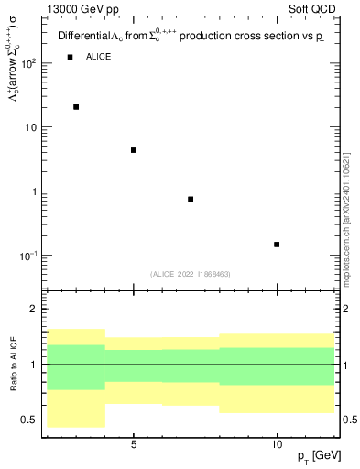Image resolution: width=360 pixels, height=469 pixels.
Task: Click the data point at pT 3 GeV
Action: [x=76, y=107]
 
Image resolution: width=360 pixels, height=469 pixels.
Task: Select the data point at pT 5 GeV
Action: [x=134, y=150]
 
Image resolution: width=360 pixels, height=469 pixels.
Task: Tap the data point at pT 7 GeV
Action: [x=191, y=199]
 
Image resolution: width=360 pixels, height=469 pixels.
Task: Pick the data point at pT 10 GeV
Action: [x=277, y=245]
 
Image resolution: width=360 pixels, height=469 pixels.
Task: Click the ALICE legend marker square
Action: [x=70, y=57]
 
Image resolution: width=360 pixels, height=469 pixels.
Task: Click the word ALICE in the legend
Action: [x=99, y=57]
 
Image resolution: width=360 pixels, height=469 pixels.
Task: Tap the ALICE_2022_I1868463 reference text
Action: [x=191, y=274]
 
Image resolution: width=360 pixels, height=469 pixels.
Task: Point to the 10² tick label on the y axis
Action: [x=30, y=63]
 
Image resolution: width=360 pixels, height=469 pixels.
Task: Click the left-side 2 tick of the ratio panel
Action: [x=35, y=309]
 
